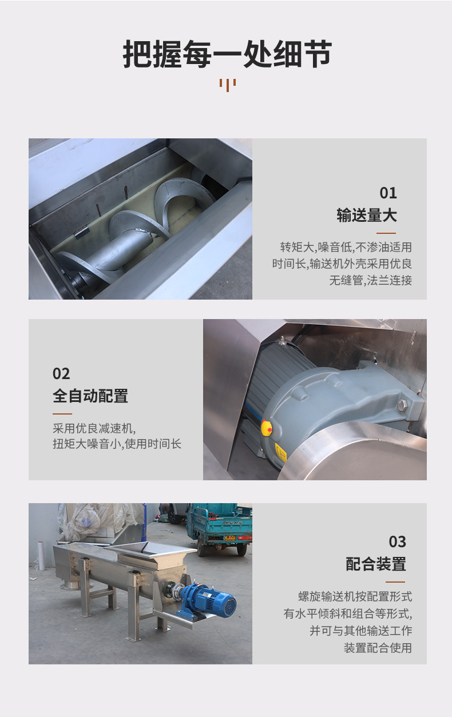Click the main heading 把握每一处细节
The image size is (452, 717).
click(227, 54)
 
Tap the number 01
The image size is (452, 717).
click(388, 193)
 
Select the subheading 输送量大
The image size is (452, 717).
click(367, 215)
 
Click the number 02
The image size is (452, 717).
click(61, 373)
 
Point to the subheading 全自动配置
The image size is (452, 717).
click(90, 396)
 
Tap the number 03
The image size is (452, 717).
click(398, 541)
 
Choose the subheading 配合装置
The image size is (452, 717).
click(376, 564)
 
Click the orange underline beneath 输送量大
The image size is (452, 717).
click(386, 233)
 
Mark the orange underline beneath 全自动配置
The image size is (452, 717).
click(62, 414)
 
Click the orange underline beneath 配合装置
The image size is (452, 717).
click(395, 582)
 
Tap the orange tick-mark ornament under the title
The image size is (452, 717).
click(228, 85)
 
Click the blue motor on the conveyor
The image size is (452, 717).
click(208, 600)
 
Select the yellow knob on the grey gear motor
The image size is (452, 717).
click(267, 428)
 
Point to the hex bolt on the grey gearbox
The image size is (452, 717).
click(402, 405)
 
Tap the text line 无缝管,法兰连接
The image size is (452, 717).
click(371, 280)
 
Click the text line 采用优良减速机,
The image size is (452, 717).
click(94, 428)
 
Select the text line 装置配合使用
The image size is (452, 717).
click(378, 648)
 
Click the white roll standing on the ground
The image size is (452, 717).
click(41, 555)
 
